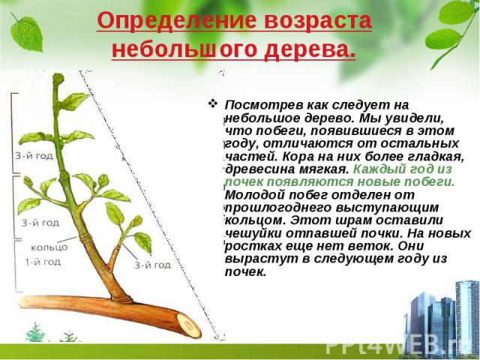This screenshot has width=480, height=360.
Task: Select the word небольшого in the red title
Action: [x=184, y=49]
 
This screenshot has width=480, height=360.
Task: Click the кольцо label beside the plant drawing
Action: [x=49, y=247]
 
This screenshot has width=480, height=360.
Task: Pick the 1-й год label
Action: [x=43, y=262]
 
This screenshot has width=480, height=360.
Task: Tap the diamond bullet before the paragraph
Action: [x=212, y=103]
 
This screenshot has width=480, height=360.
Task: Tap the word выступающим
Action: [x=387, y=208]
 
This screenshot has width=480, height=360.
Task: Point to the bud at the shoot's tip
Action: [x=58, y=79]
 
